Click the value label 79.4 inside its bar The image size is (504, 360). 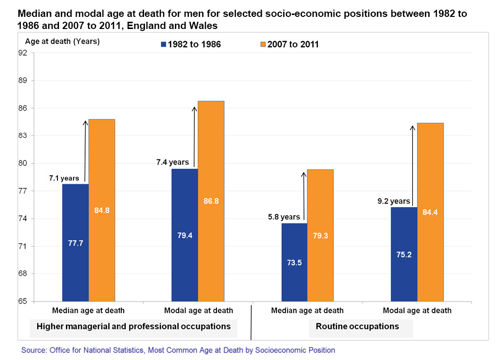click(x=185, y=236)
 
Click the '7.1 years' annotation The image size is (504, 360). click(x=64, y=178)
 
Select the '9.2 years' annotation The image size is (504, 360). click(x=394, y=201)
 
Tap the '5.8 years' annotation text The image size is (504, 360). click(x=284, y=217)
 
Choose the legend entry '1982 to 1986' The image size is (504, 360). click(x=190, y=44)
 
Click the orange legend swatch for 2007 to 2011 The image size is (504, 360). click(x=263, y=44)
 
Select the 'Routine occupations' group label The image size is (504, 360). click(x=358, y=326)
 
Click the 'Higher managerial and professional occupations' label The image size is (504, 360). click(x=134, y=326)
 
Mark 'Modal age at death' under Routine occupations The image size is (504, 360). click(x=417, y=310)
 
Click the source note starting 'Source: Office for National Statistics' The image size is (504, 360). click(x=178, y=350)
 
